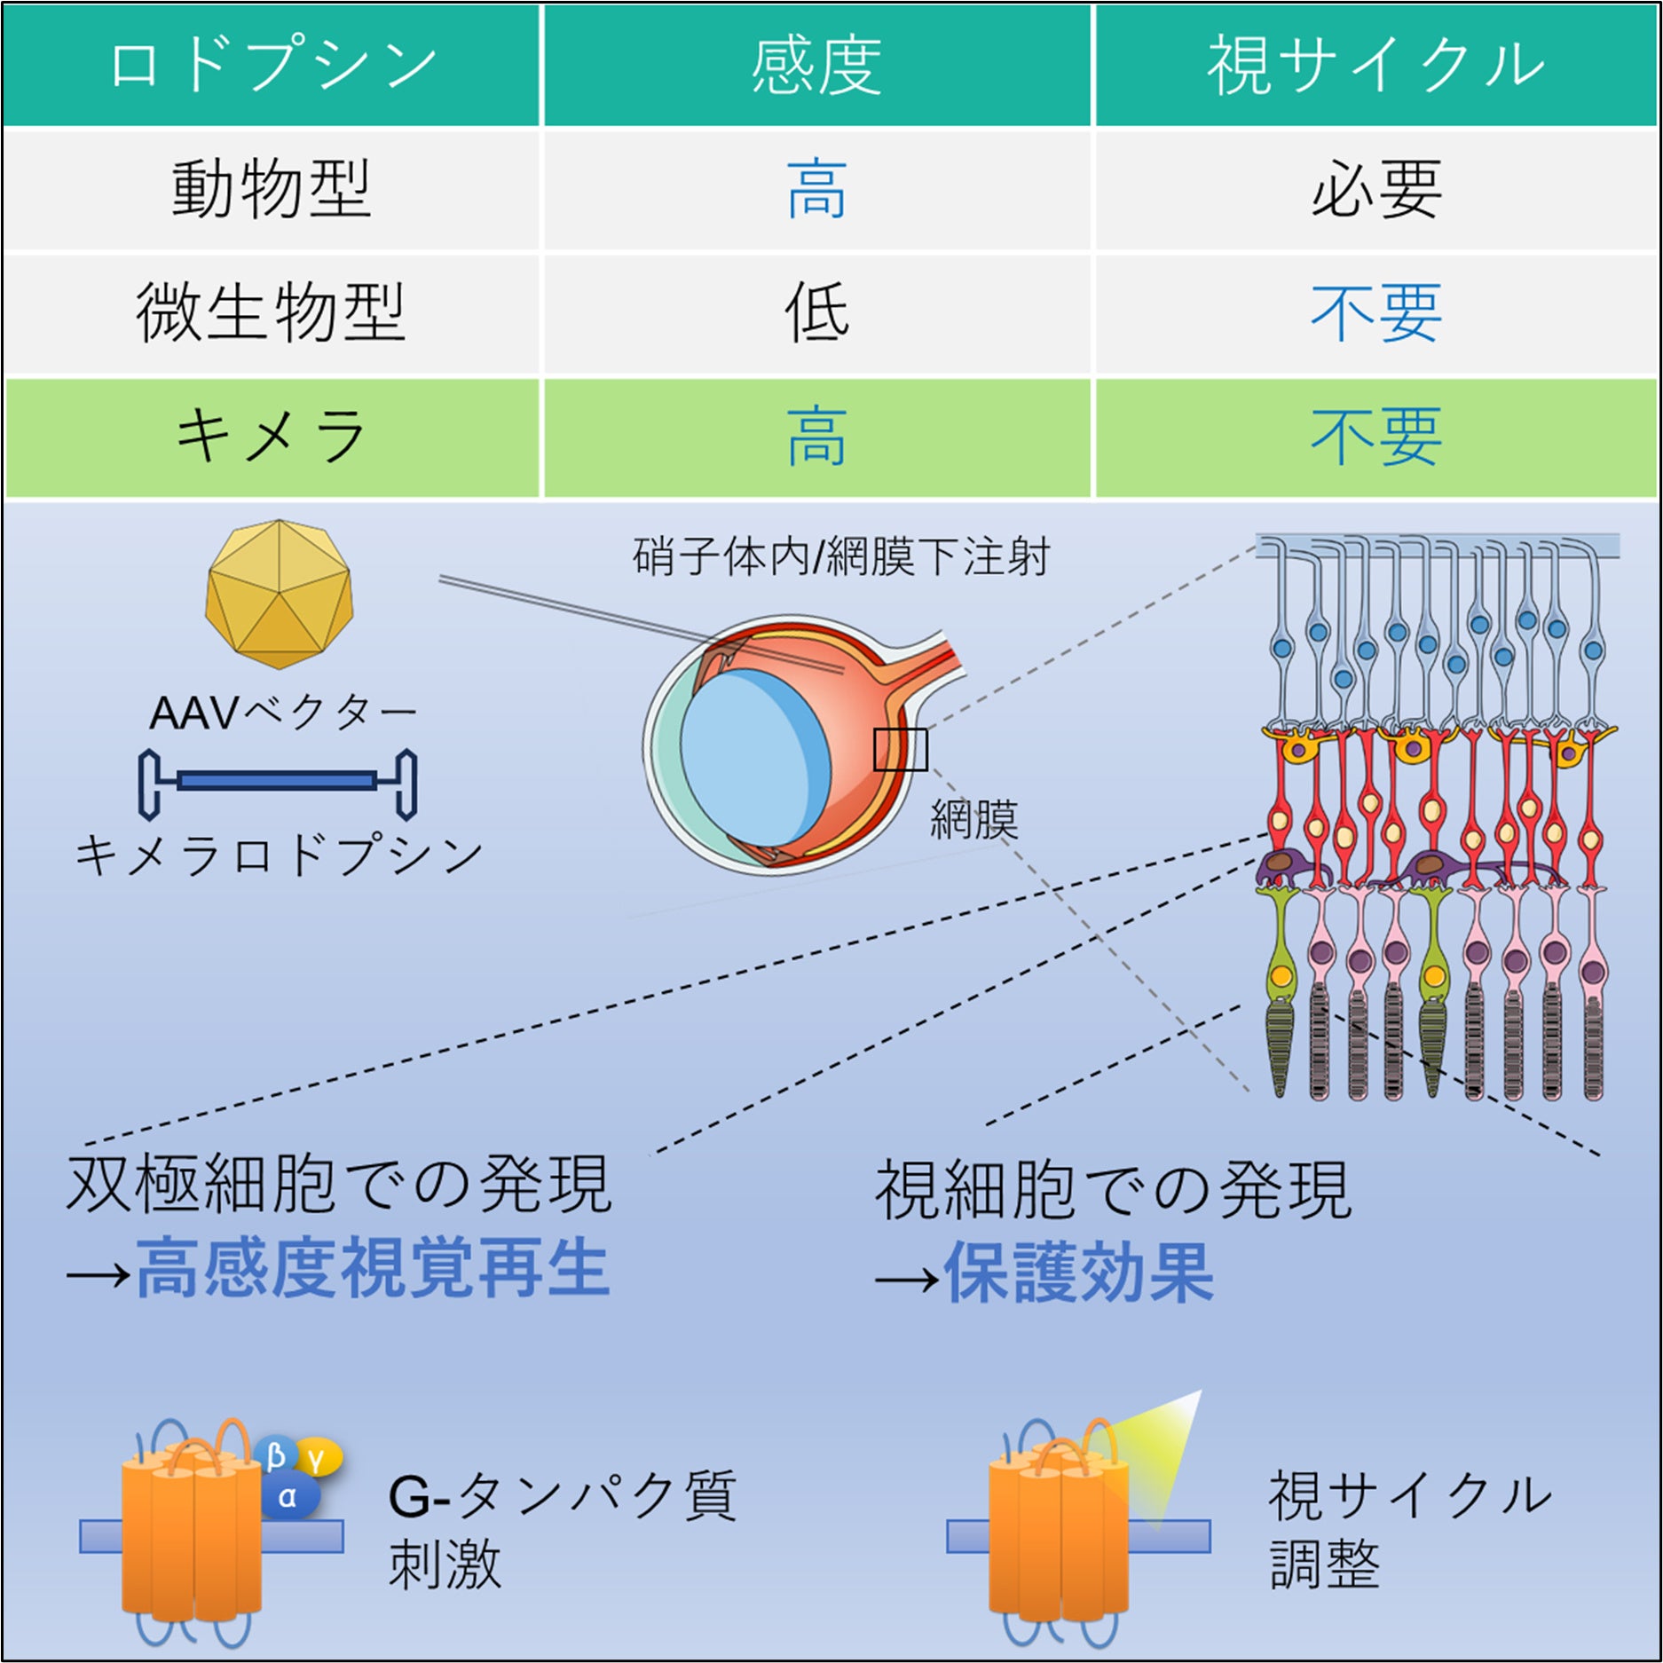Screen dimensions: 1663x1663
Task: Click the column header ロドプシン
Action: point(272,65)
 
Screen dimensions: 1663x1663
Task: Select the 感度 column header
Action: point(816,65)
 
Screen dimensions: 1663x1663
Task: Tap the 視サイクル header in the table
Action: point(1375,65)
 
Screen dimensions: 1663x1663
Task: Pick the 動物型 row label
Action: point(272,188)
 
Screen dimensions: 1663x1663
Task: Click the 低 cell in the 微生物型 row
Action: point(816,312)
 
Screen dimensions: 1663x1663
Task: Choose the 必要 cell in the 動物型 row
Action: point(1375,188)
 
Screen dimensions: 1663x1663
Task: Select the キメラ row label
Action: point(272,437)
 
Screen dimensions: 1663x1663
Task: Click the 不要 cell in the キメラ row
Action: point(1375,437)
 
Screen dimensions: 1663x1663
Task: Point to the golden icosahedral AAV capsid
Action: point(279,594)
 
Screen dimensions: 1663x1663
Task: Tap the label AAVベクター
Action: point(282,712)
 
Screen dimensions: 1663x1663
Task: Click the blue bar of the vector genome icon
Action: point(277,781)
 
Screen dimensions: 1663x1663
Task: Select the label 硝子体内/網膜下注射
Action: point(840,557)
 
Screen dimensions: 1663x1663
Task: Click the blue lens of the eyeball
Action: point(754,754)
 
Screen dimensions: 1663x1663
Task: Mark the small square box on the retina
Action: point(900,750)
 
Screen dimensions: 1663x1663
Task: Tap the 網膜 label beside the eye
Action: point(973,818)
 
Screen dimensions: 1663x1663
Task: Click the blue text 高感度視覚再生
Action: point(373,1269)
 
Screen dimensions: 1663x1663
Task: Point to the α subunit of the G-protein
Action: point(288,1498)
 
